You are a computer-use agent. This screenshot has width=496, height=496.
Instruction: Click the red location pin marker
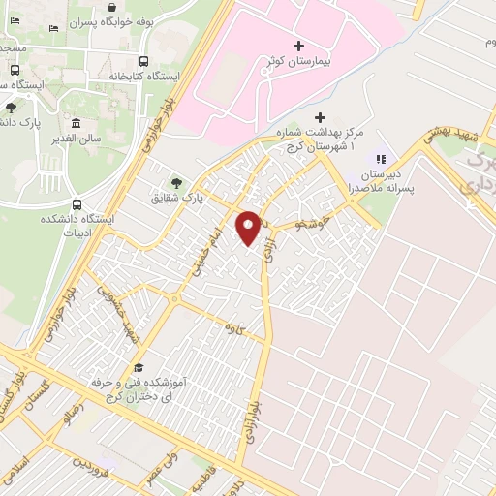tap(249, 227)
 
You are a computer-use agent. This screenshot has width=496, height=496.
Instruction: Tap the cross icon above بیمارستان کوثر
tap(297, 46)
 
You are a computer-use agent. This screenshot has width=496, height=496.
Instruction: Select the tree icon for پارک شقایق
tap(175, 182)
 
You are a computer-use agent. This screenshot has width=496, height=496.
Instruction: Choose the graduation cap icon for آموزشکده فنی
tap(137, 368)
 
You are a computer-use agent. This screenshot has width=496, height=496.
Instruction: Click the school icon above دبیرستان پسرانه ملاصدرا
tap(381, 160)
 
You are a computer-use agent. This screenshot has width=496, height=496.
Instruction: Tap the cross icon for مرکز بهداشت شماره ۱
tap(321, 117)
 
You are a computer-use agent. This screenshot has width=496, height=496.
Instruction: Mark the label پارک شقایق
tap(204, 197)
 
